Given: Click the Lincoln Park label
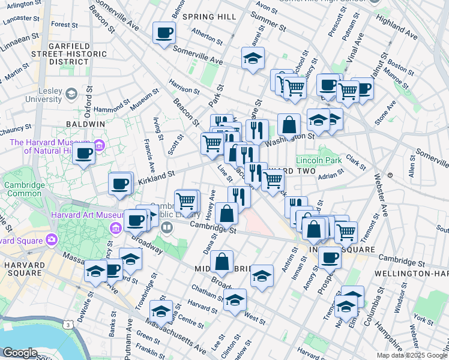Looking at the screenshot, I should point(319,161).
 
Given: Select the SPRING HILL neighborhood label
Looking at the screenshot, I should point(209,17).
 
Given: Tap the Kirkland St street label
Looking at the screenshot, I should point(155,174).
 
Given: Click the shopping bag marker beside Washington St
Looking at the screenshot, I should point(289,125).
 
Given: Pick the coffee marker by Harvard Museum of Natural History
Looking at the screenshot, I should point(84,154).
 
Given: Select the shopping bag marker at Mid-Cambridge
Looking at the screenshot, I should point(221,261).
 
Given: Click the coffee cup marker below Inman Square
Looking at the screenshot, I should point(329,258).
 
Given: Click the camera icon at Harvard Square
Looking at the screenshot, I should point(51,239).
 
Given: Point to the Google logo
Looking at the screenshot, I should point(20,353).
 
